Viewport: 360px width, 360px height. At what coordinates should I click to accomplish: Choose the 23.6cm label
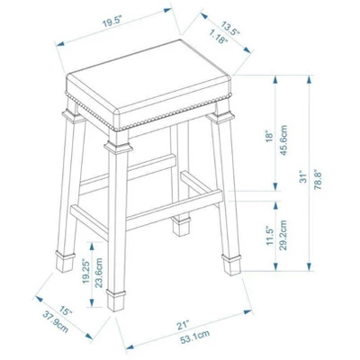click(x=101, y=271)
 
